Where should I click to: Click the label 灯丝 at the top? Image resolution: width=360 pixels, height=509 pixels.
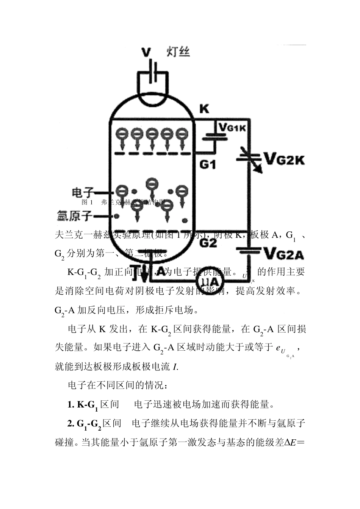click(178, 52)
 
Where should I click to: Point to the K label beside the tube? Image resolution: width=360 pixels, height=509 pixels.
click(204, 109)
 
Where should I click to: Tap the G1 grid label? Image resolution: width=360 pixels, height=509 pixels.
click(208, 165)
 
